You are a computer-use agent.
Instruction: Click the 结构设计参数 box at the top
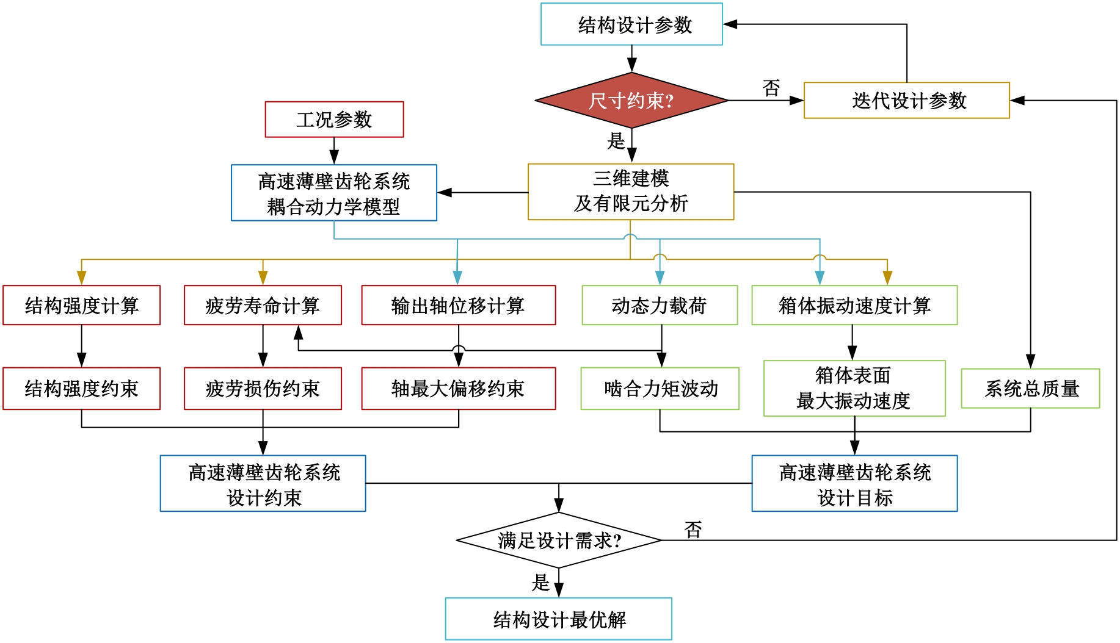tap(631, 24)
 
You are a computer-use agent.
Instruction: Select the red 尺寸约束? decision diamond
tap(631, 101)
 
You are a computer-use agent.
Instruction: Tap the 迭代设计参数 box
tap(907, 101)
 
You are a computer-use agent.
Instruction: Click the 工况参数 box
tap(334, 120)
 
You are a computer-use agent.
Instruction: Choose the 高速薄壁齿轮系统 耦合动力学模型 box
tap(334, 193)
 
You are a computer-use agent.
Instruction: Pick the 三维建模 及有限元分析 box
tap(631, 192)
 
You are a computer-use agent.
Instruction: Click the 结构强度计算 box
tap(81, 305)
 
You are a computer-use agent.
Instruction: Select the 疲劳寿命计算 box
tap(263, 305)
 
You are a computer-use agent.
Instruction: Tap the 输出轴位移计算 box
tap(458, 305)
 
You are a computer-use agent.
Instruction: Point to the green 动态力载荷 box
tap(660, 305)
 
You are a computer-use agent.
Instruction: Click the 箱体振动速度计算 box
tap(854, 305)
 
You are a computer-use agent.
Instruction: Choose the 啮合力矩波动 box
tap(660, 389)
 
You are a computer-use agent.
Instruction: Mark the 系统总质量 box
tap(1031, 389)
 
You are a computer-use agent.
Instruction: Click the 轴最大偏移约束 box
tap(458, 389)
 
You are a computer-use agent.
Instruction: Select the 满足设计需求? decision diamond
tap(559, 541)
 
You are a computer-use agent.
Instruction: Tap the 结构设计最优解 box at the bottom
tap(559, 619)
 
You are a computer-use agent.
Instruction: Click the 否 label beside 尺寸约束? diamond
tap(771, 88)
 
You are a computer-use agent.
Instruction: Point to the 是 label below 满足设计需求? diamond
tap(540, 583)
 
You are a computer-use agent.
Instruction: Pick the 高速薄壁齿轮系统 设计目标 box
tap(854, 484)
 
